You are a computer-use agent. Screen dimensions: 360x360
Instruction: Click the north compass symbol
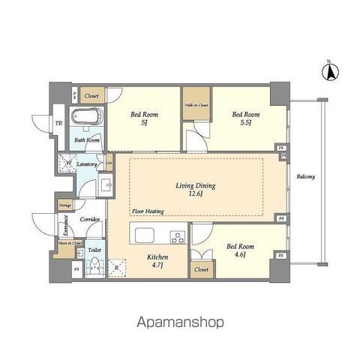click(328, 72)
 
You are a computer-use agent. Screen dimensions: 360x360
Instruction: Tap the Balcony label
click(305, 177)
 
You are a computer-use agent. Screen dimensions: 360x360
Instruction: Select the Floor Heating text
click(148, 211)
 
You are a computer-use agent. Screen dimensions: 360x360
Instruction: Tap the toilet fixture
click(94, 265)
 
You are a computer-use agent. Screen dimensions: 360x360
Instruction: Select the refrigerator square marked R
click(117, 268)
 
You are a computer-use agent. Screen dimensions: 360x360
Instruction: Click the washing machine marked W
click(68, 163)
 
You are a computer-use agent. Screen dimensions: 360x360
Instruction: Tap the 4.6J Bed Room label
click(241, 250)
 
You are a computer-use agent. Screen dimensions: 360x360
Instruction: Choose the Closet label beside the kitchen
click(201, 270)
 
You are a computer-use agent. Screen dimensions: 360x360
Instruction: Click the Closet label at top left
click(92, 96)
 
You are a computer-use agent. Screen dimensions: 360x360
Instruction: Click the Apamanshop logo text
click(181, 322)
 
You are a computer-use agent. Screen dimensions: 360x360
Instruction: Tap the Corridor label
click(90, 220)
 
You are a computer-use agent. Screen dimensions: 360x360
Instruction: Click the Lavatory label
click(87, 164)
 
